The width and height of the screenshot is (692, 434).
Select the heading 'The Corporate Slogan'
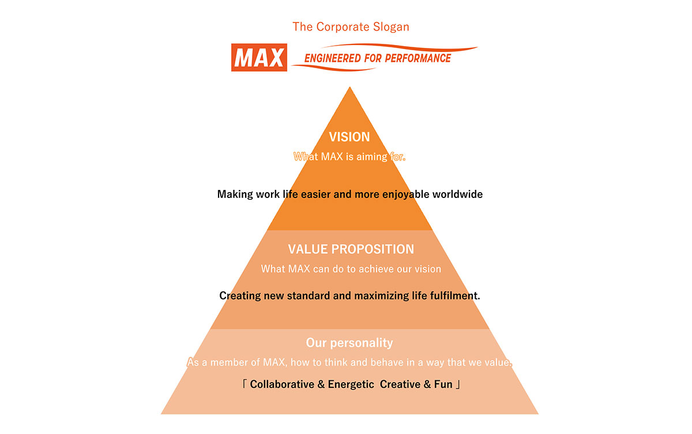click(x=351, y=27)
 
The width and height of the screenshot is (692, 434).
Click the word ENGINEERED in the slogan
click(x=329, y=58)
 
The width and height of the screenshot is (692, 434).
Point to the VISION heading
click(x=349, y=137)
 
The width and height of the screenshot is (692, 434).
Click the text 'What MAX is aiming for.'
click(x=349, y=156)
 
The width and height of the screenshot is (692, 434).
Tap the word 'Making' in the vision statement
click(x=235, y=194)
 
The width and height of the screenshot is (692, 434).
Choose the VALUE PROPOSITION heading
click(x=351, y=249)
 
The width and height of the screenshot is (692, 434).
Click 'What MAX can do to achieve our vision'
click(x=351, y=269)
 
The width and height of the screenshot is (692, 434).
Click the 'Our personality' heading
click(x=349, y=343)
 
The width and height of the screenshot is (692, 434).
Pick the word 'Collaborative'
click(x=282, y=384)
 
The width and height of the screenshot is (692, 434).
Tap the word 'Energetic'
click(x=351, y=384)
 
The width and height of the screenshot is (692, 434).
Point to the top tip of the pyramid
click(x=349, y=88)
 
